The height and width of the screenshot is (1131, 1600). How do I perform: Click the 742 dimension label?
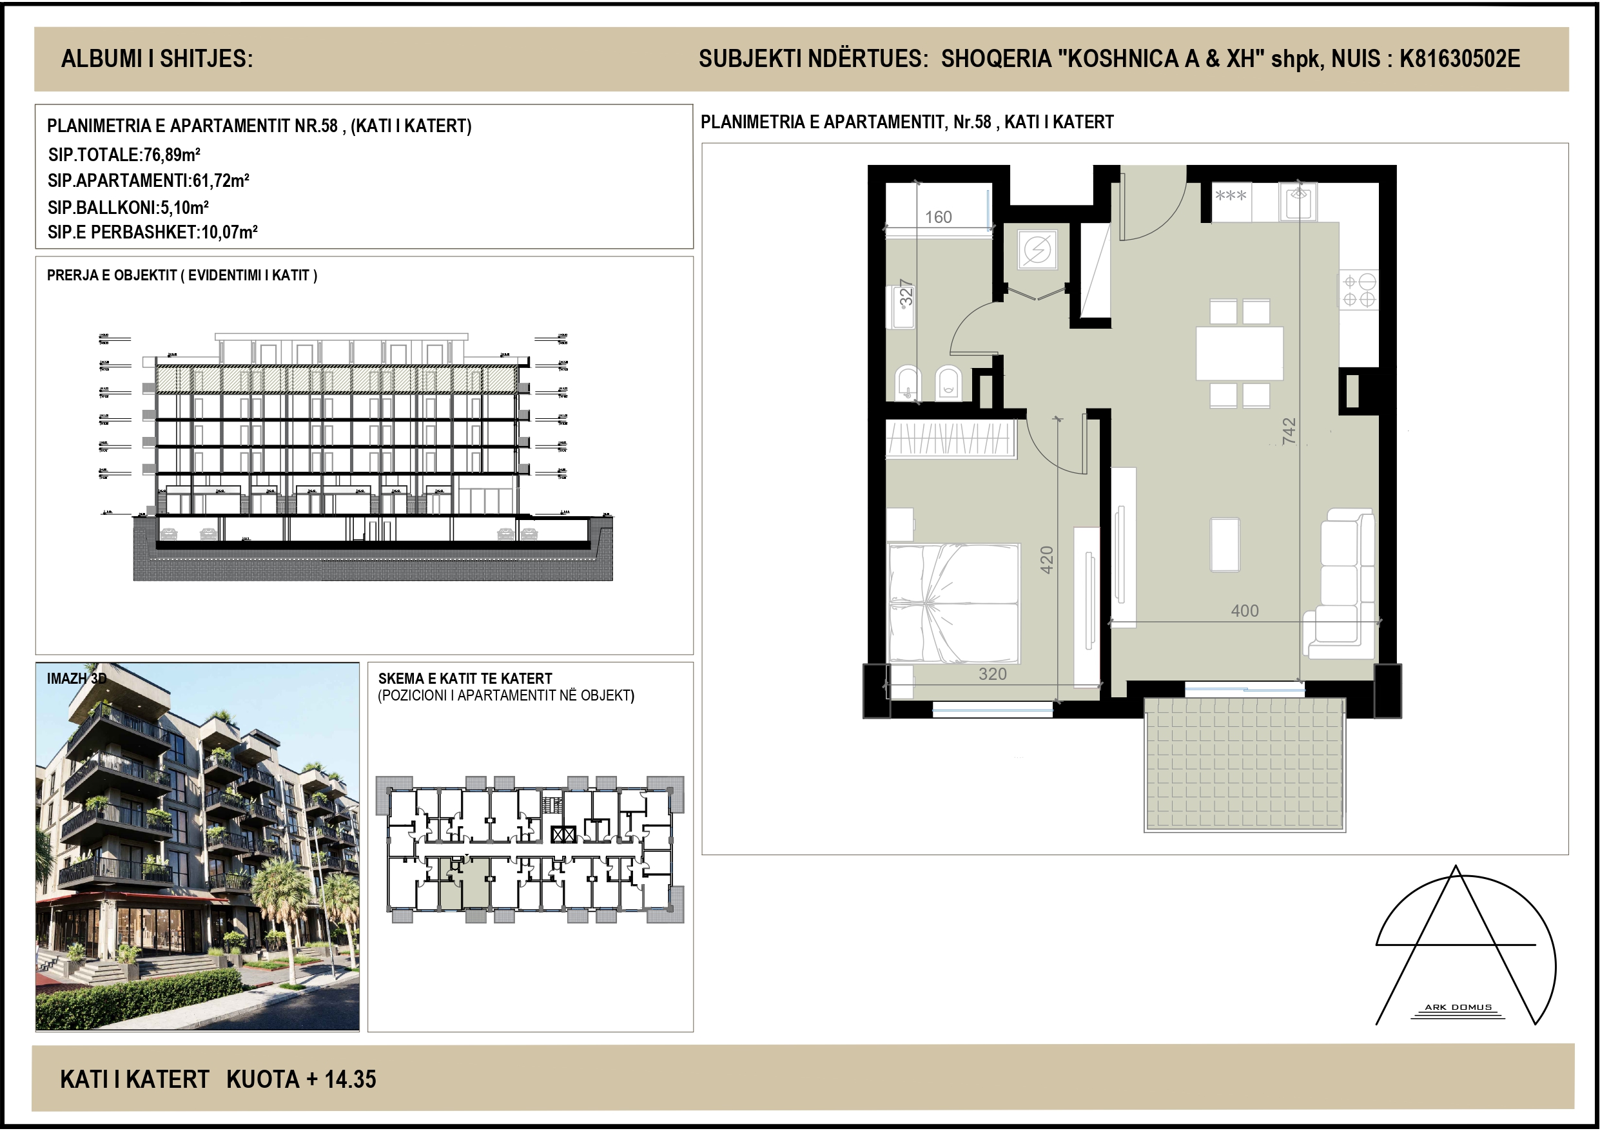[x=1289, y=430]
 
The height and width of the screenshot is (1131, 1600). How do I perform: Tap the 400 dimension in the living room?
[x=1245, y=611]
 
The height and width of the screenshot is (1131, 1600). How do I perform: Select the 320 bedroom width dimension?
[x=992, y=674]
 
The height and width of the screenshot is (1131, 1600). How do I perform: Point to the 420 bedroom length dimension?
[x=1047, y=559]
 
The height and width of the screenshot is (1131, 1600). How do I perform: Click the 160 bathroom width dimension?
[x=938, y=217]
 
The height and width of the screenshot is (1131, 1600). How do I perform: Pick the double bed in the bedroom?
[x=953, y=603]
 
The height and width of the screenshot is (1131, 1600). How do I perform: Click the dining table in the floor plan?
[x=1240, y=353]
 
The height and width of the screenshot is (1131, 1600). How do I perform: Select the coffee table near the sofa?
[x=1224, y=545]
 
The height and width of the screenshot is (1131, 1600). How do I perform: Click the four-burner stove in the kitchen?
[x=1358, y=291]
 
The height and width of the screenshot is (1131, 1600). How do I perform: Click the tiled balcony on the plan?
[x=1245, y=765]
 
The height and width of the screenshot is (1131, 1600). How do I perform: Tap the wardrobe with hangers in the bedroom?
[x=950, y=439]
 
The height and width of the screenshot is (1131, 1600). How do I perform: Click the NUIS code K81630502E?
[x=1459, y=59]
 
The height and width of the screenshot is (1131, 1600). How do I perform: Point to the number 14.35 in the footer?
[x=350, y=1079]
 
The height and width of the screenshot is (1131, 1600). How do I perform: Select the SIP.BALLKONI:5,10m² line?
[x=128, y=207]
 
